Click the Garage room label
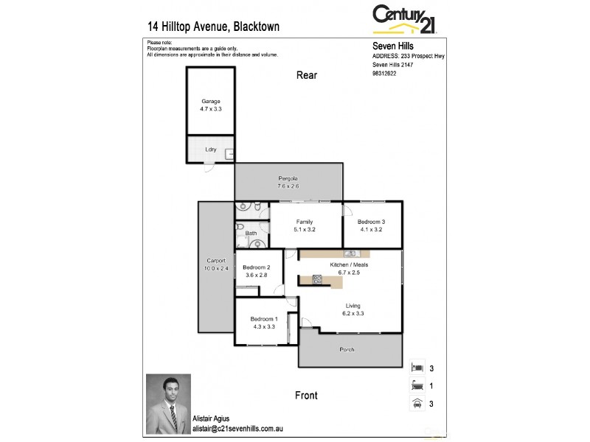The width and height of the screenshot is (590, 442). click(210, 105)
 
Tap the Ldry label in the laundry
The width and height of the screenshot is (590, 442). click(210, 149)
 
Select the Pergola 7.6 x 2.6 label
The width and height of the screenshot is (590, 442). click(288, 182)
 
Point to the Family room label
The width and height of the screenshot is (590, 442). click(305, 225)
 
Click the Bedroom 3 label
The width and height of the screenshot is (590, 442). click(372, 225)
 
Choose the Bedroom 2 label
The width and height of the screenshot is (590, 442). click(257, 270)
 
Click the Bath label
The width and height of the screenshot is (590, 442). click(251, 234)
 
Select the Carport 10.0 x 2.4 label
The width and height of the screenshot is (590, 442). click(215, 264)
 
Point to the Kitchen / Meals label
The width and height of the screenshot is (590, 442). click(349, 267)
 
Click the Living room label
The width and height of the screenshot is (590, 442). click(353, 309)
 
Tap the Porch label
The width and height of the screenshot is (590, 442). click(347, 349)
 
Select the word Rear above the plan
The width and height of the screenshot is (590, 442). click(307, 75)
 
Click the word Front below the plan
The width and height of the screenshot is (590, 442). click(306, 396)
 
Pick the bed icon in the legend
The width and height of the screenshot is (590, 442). click(417, 366)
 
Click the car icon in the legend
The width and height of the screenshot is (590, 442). click(417, 403)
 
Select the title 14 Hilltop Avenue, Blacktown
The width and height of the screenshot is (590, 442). click(213, 27)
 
